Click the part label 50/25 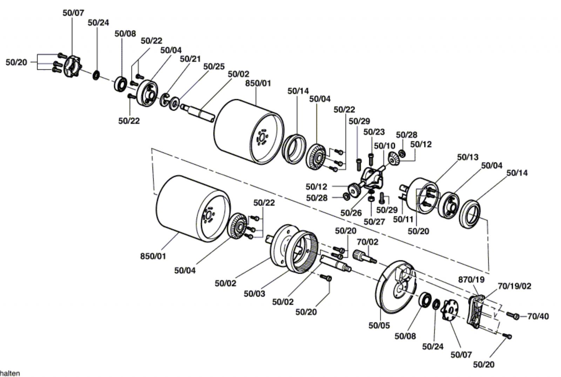[214, 67]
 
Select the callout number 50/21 [190, 59]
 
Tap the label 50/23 [374, 132]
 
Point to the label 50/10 [384, 146]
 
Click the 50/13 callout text [468, 157]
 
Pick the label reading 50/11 [403, 220]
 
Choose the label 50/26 [351, 213]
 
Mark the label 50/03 [254, 294]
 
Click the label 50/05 [379, 326]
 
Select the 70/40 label [538, 316]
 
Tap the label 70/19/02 [514, 286]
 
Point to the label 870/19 [471, 280]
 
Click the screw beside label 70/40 [513, 315]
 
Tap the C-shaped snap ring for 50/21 [164, 100]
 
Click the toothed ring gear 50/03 [302, 252]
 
